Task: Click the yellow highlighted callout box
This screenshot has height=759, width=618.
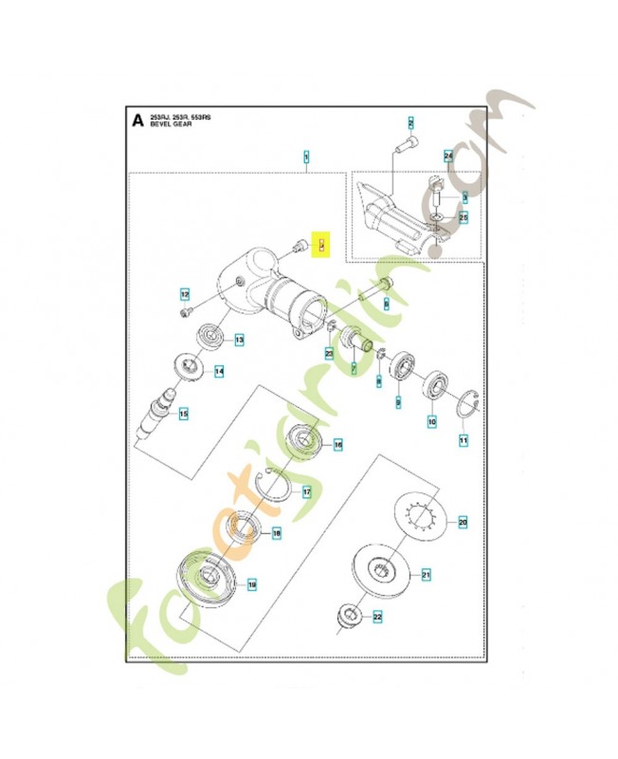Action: (x=321, y=246)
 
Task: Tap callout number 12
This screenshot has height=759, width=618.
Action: (x=185, y=293)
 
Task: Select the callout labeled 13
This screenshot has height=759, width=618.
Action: (x=240, y=340)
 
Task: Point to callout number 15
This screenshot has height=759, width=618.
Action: (x=184, y=414)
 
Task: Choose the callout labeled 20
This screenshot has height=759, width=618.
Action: (x=463, y=522)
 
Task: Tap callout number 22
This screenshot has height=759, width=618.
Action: (x=376, y=618)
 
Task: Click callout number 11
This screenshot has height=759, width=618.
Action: (x=463, y=440)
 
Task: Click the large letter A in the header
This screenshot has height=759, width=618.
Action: (x=138, y=120)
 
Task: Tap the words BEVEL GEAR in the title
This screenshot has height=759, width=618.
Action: (x=171, y=124)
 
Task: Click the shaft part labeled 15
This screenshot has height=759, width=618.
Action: (x=154, y=414)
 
